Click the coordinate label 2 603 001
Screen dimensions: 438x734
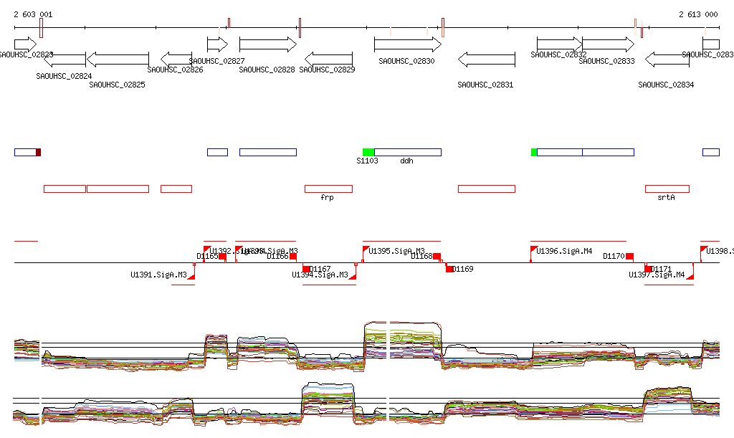[32, 14]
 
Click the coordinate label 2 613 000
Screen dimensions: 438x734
[697, 14]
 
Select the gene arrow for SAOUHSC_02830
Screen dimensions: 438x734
[407, 44]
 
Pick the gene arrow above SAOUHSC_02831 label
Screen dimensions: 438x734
[486, 59]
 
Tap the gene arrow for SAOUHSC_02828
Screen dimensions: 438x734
[267, 44]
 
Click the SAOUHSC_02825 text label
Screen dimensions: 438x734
[117, 85]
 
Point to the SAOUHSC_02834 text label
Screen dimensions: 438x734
[666, 85]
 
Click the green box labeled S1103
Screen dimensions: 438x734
[368, 152]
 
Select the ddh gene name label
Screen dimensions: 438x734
[406, 161]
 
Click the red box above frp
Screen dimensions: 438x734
[328, 189]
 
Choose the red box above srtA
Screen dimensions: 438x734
[667, 189]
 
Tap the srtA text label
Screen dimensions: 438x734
[666, 197]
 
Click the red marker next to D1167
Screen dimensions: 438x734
[306, 269]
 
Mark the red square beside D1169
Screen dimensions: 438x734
[450, 269]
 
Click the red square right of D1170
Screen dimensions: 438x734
[629, 256]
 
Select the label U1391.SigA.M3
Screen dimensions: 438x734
[158, 275]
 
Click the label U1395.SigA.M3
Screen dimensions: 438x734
[396, 251]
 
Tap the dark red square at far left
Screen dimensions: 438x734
[39, 152]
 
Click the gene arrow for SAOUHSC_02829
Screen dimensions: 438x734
[328, 59]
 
